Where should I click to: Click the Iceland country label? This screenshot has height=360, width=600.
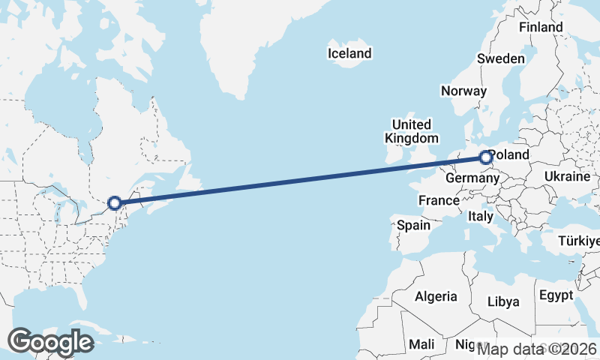[349, 53]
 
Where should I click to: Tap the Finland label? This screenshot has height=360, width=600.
[541, 27]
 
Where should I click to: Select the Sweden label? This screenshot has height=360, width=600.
[500, 58]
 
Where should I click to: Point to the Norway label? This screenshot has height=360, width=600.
[463, 91]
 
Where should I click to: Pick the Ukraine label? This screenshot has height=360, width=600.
[568, 177]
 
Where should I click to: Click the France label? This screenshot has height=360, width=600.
[439, 200]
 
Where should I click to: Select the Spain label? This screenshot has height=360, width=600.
[414, 225]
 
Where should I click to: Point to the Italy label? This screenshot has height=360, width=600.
[480, 216]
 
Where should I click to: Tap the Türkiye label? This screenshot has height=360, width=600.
[579, 241]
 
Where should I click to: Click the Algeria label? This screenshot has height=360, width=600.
[436, 296]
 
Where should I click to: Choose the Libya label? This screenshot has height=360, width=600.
[503, 301]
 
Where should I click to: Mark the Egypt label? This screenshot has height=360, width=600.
[556, 295]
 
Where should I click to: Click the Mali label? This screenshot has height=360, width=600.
[421, 344]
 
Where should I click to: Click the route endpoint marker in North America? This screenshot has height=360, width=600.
[114, 202]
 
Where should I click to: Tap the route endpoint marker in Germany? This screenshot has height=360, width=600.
[485, 157]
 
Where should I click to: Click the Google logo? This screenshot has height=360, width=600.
[51, 341]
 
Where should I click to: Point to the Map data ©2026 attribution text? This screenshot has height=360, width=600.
[537, 349]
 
